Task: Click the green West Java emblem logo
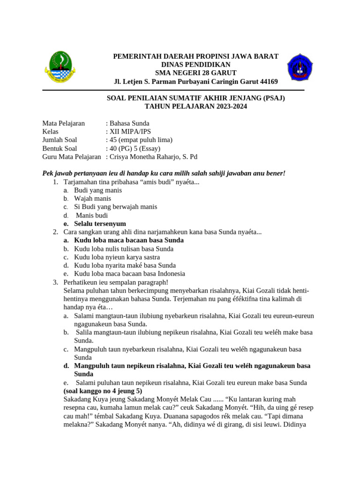click(59, 68)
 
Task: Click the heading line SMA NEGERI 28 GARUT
click(196, 73)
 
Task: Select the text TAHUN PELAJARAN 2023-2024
click(195, 106)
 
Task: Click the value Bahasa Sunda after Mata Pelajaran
click(129, 123)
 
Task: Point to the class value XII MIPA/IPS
click(130, 132)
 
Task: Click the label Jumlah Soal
click(60, 140)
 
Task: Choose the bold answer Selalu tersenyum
click(100, 224)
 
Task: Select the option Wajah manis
click(92, 199)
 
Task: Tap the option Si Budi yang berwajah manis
click(115, 207)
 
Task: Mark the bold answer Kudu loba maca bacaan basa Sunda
click(129, 240)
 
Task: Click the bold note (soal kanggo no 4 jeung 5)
click(103, 391)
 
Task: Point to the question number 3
click(55, 282)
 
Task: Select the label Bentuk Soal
click(60, 149)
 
